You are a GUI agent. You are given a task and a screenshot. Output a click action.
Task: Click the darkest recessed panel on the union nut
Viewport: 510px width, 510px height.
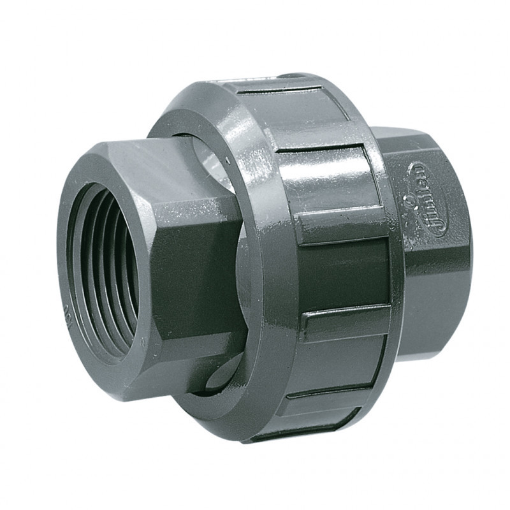tap(344, 274)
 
